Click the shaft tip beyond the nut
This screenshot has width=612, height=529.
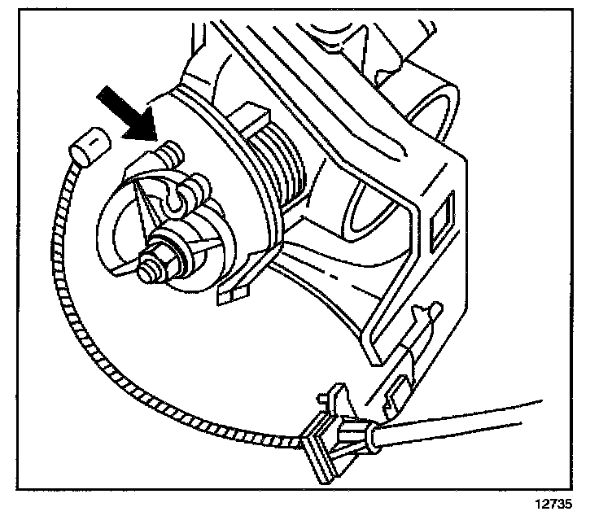pyautogui.click(x=150, y=269)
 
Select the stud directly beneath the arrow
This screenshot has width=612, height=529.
pyautogui.click(x=169, y=152)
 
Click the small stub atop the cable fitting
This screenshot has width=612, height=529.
pyautogui.click(x=324, y=399)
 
